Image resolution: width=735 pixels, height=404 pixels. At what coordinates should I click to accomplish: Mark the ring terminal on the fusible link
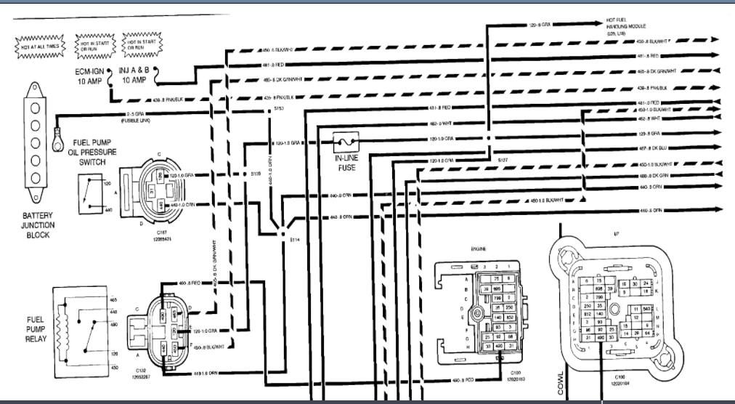[57, 139]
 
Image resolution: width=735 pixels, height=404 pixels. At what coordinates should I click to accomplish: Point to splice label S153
[279, 109]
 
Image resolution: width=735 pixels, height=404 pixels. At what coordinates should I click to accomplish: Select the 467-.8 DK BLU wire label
[653, 148]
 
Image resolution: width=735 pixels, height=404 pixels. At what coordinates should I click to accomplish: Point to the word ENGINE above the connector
[479, 249]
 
